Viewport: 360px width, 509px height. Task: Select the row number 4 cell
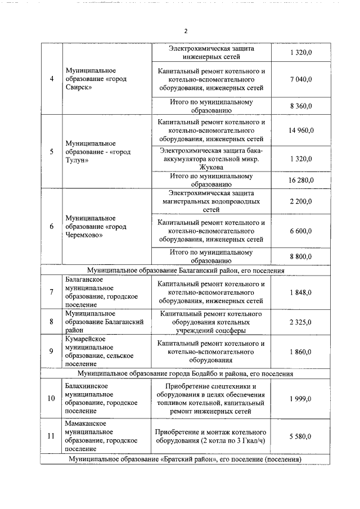pyautogui.click(x=52, y=79)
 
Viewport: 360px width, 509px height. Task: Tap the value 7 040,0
pyautogui.click(x=301, y=79)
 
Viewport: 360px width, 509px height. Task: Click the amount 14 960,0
pyautogui.click(x=301, y=130)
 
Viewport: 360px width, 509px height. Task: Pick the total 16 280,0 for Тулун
pyautogui.click(x=301, y=180)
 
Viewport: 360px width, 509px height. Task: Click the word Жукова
pyautogui.click(x=211, y=167)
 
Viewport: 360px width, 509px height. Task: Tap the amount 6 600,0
pyautogui.click(x=301, y=231)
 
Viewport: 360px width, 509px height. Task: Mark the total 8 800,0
pyautogui.click(x=301, y=256)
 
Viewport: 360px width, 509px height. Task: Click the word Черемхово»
pyautogui.click(x=84, y=235)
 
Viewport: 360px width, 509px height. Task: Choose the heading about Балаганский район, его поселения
pyautogui.click(x=185, y=271)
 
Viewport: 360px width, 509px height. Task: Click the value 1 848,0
pyautogui.click(x=301, y=292)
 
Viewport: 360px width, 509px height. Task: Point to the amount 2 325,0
pyautogui.click(x=301, y=322)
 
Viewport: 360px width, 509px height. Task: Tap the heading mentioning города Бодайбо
pyautogui.click(x=185, y=373)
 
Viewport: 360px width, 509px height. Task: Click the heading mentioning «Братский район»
pyautogui.click(x=185, y=460)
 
